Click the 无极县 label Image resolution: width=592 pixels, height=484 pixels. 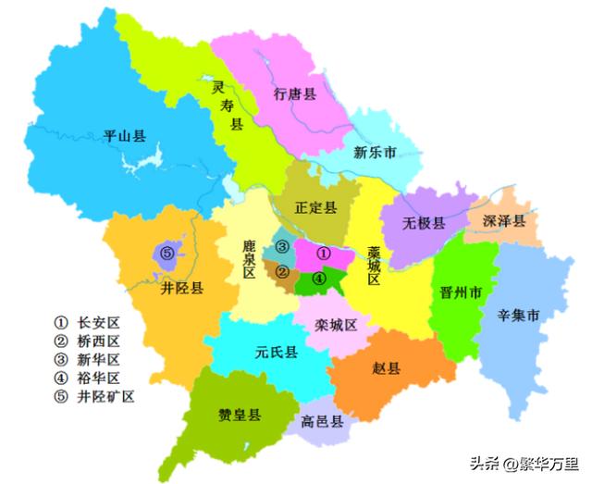(x=424, y=223)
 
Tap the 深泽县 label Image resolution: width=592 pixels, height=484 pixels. (x=504, y=221)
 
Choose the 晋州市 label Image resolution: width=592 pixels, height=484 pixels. (x=459, y=293)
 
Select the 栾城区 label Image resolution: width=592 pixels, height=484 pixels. (x=335, y=324)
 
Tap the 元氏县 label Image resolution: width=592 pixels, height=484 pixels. (x=276, y=352)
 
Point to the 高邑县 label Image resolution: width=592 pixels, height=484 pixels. (x=322, y=422)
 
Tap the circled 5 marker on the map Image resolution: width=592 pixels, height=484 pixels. (x=166, y=253)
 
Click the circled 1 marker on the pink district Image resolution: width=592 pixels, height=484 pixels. (x=323, y=252)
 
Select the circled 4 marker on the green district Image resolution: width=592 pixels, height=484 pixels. (x=318, y=277)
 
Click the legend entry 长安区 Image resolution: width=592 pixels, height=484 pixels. (x=98, y=323)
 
